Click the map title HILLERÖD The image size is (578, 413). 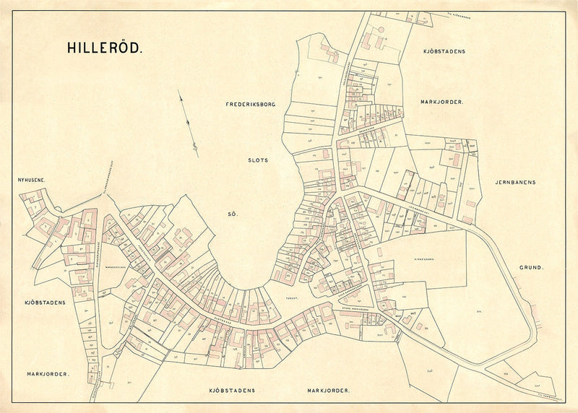[x=105, y=48]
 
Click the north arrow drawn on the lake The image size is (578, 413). [x=189, y=123]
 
